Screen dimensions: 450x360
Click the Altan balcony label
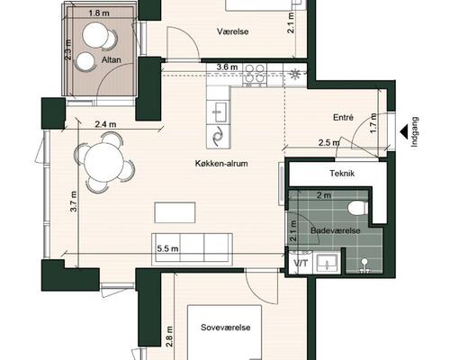(112, 59)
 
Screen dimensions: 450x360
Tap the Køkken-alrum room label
(221, 164)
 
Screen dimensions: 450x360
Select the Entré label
(343, 117)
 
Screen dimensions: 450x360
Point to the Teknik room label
(342, 173)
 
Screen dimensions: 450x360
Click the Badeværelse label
(336, 230)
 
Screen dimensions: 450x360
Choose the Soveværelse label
(226, 328)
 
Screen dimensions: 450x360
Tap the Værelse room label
(233, 31)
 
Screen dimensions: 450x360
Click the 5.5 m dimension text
(168, 248)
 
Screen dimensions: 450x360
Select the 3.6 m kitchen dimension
(227, 67)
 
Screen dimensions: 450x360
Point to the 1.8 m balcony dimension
(99, 13)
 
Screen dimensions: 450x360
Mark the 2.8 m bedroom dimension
(169, 337)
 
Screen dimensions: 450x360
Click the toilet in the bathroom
(358, 208)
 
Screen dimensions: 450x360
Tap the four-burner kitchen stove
(255, 74)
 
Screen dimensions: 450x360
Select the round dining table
(103, 162)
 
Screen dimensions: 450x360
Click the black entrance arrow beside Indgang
(404, 131)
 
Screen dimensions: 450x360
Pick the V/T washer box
(301, 263)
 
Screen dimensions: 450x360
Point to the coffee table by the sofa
(175, 212)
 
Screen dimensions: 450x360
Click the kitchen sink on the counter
(219, 112)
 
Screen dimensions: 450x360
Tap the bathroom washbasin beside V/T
(327, 263)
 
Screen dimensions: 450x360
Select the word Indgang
(415, 131)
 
